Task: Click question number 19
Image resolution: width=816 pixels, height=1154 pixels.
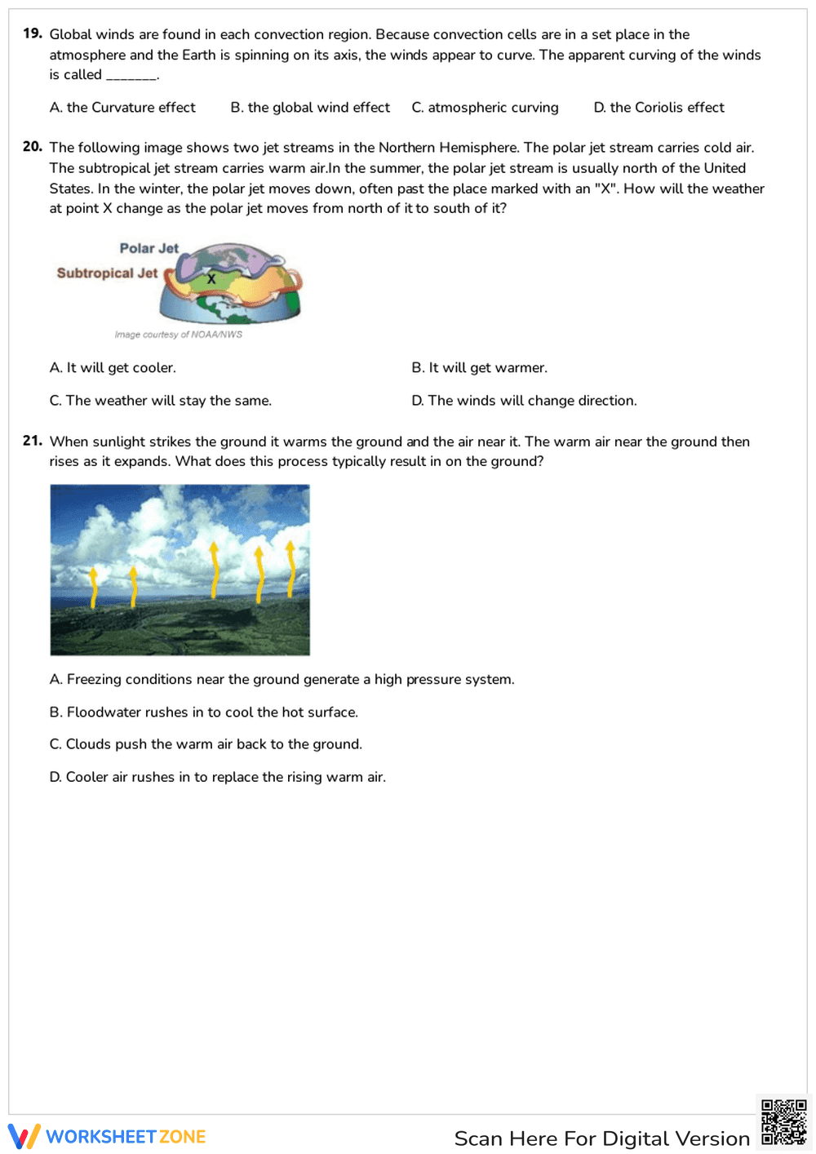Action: (32, 33)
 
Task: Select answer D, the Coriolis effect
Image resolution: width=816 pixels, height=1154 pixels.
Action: (659, 108)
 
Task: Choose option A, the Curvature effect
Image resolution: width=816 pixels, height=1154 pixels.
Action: (122, 108)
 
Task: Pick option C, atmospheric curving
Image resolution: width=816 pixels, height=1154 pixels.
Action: (485, 108)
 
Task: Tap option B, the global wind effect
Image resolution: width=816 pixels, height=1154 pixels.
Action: (310, 108)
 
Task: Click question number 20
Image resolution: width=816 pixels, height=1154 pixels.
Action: (32, 147)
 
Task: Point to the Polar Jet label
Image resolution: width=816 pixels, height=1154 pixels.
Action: (149, 248)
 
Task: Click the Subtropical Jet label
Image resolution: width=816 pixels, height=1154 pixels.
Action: (107, 273)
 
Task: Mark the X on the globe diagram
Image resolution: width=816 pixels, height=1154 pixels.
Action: (211, 279)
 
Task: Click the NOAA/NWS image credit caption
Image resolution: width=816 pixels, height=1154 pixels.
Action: (178, 335)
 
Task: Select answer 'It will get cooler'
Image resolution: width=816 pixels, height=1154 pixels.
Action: (113, 368)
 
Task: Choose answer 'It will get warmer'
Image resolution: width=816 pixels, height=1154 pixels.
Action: (479, 368)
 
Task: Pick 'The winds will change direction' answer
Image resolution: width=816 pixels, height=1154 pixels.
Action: (524, 401)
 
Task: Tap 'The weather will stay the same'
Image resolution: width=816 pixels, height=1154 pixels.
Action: (160, 401)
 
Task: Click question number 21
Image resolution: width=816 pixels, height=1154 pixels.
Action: (32, 441)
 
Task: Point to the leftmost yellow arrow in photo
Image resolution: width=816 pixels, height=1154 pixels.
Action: (94, 587)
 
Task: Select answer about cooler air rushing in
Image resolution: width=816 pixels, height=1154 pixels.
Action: (217, 777)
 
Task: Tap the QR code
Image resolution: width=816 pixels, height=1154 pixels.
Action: (783, 1122)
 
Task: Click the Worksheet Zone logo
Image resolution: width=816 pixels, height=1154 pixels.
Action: (107, 1137)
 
